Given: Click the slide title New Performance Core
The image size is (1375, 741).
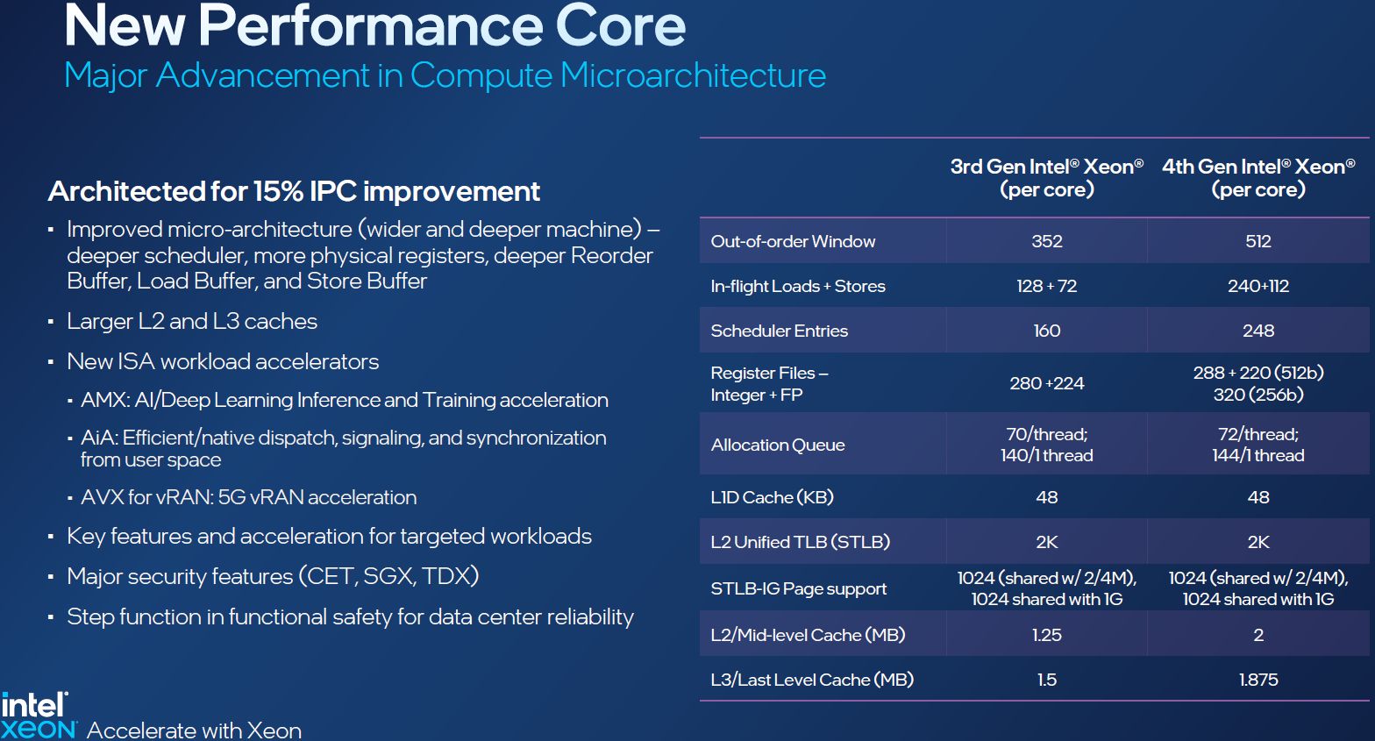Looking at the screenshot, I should pyautogui.click(x=374, y=26).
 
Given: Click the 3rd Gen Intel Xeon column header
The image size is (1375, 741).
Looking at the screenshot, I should pyautogui.click(x=1046, y=178).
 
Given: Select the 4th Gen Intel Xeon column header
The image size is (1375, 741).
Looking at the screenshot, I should pyautogui.click(x=1258, y=178).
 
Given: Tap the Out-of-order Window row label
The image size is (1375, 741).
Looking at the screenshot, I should pyautogui.click(x=793, y=241).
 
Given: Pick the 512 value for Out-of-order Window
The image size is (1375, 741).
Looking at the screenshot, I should pyautogui.click(x=1258, y=241).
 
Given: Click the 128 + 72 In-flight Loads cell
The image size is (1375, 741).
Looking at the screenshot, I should pyautogui.click(x=1046, y=286).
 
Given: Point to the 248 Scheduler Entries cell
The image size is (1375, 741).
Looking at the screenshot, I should pyautogui.click(x=1258, y=331).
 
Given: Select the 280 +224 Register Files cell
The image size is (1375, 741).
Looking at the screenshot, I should pyautogui.click(x=1046, y=383).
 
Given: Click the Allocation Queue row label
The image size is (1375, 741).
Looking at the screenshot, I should pyautogui.click(x=778, y=445).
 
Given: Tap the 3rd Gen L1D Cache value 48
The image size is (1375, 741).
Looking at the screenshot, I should pyautogui.click(x=1046, y=497).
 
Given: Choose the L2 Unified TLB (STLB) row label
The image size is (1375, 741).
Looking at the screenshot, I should pyautogui.click(x=800, y=542).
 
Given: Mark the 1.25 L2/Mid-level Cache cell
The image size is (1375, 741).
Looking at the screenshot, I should pyautogui.click(x=1046, y=635).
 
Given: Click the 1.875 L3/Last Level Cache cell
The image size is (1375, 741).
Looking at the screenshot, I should pyautogui.click(x=1258, y=680).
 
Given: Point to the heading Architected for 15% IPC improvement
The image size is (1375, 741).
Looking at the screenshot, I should pyautogui.click(x=294, y=191).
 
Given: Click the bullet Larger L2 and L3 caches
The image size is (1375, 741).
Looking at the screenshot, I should pyautogui.click(x=192, y=321).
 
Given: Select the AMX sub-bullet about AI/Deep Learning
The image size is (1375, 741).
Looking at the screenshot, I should pyautogui.click(x=344, y=400).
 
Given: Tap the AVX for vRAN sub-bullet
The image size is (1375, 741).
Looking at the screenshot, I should pyautogui.click(x=248, y=497).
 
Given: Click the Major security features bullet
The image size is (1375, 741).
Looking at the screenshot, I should pyautogui.click(x=273, y=576).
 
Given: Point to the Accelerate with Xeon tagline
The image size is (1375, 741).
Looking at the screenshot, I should pyautogui.click(x=194, y=730).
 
